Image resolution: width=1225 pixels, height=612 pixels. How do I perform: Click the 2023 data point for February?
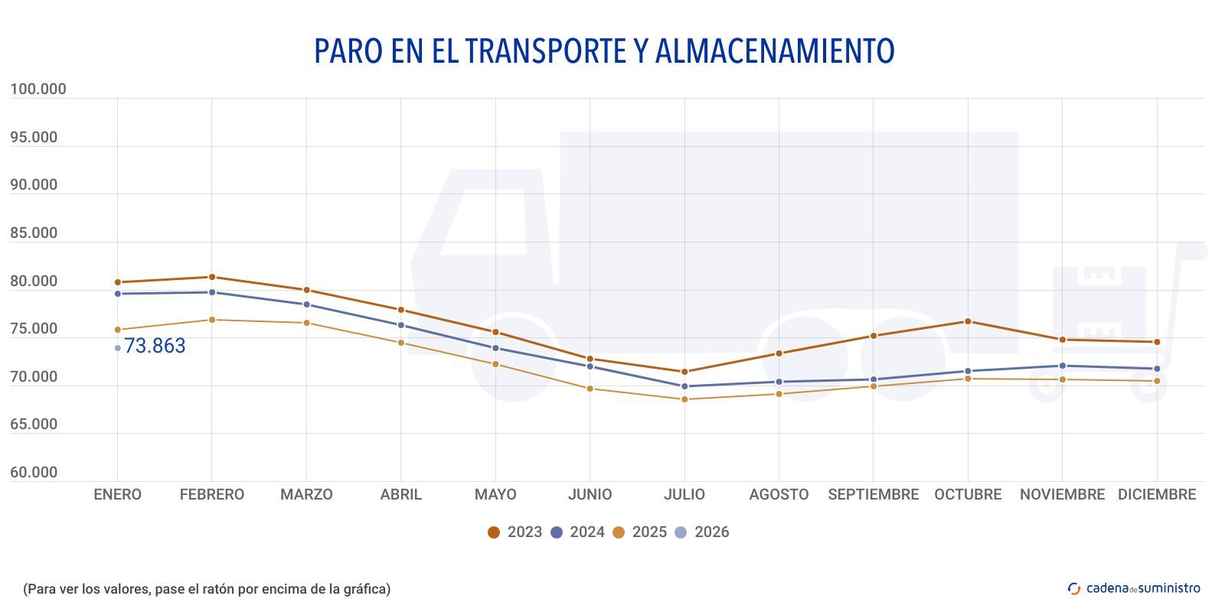click(212, 277)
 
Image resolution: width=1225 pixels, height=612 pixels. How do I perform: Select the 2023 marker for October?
click(968, 321)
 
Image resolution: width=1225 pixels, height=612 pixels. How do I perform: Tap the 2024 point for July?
click(684, 386)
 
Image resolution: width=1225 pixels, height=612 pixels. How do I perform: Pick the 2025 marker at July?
click(684, 399)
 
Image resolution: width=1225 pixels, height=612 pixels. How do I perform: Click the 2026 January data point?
click(117, 348)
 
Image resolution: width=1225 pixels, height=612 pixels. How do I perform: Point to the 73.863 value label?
click(155, 347)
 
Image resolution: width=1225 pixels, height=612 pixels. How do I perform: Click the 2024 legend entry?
click(578, 532)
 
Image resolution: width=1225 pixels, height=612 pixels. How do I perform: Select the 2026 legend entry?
click(702, 532)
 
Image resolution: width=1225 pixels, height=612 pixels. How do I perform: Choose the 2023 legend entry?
click(515, 532)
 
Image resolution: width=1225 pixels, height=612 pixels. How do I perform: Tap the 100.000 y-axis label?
click(38, 90)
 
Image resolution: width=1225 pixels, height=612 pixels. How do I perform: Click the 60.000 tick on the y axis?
click(34, 473)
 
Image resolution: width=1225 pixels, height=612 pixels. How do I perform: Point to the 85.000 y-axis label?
click(34, 233)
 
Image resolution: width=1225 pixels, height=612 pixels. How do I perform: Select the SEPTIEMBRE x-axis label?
click(873, 495)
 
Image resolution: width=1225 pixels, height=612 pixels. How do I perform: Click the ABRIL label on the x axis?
click(400, 495)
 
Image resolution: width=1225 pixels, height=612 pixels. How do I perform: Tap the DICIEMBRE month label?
click(1156, 495)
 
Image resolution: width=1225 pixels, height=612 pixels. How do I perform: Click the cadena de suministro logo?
click(1134, 588)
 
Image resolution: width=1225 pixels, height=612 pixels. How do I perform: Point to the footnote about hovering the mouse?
click(207, 589)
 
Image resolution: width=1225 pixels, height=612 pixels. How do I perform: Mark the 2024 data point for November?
click(1062, 366)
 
